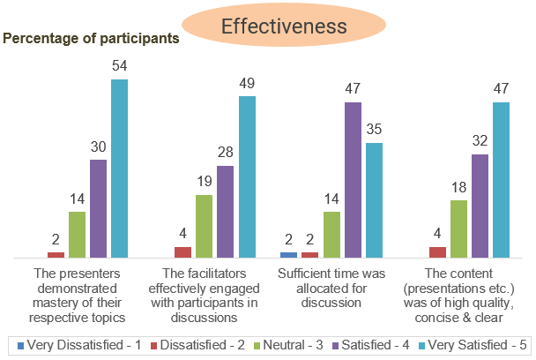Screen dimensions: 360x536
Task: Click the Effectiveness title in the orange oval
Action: pos(283,27)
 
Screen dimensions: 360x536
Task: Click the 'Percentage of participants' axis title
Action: pos(92,39)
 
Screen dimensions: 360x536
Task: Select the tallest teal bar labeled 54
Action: pos(119,168)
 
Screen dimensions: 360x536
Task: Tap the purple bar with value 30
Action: pos(98,208)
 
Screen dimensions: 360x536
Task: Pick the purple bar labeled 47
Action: pos(353,180)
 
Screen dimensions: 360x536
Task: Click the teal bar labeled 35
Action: pos(374,199)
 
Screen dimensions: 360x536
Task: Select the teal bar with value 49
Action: pos(247,176)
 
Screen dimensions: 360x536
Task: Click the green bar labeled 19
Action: pos(204,226)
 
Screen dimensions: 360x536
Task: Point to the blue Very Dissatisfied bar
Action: pos(288,254)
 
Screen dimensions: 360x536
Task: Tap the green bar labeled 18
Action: pos(458,229)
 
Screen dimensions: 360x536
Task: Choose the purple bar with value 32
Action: pos(480,206)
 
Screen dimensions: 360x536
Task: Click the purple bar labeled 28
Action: pos(226,211)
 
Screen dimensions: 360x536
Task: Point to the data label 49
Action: pos(247,84)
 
